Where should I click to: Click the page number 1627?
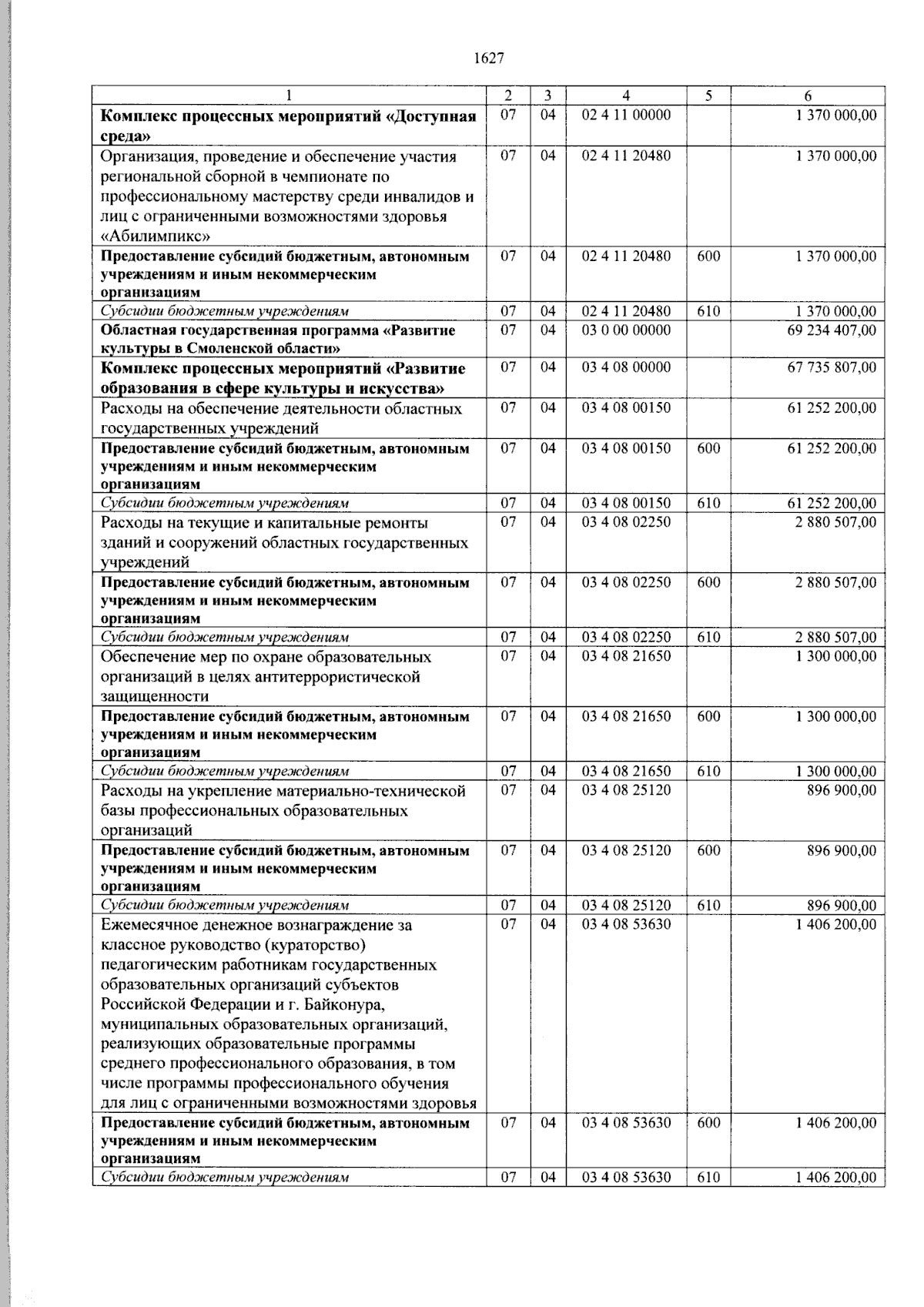click(489, 59)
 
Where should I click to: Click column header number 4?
click(626, 96)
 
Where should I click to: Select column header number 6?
click(807, 96)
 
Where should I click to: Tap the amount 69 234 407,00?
click(832, 330)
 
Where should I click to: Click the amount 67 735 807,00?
click(832, 367)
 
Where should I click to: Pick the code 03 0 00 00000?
click(626, 330)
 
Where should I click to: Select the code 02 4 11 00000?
click(626, 116)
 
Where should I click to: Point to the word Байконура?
click(347, 1004)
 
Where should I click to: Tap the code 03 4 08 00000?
click(626, 367)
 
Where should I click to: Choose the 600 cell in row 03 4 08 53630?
click(708, 1123)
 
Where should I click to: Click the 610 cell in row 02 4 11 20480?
click(708, 311)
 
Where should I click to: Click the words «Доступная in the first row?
click(430, 116)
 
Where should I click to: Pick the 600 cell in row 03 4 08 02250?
click(708, 582)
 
